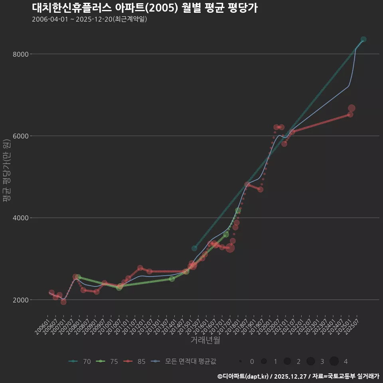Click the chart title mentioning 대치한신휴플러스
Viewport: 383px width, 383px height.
(144, 8)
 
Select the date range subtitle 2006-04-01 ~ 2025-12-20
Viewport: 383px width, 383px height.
(89, 19)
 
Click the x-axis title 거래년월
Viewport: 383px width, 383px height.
(205, 340)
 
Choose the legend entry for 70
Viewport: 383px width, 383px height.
(80, 361)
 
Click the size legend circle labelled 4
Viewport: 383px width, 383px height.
(334, 361)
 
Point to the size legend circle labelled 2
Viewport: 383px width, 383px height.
(287, 361)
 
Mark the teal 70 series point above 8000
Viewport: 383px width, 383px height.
(363, 39)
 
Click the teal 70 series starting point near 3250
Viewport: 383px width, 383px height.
(194, 248)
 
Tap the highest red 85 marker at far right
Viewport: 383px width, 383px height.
(351, 108)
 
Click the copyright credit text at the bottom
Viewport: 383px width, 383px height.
(298, 376)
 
